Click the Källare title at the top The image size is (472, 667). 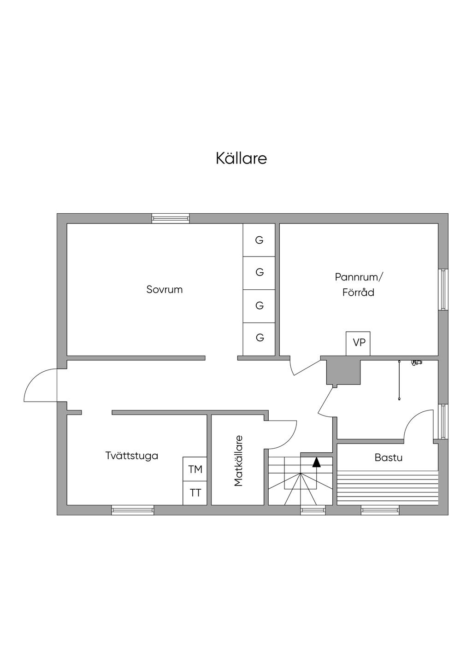tap(241, 158)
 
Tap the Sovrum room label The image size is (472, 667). tap(165, 290)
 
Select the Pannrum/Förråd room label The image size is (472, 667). tap(359, 285)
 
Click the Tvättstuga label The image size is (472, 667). tap(132, 456)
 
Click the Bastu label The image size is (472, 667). tap(388, 457)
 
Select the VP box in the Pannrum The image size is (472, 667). tap(358, 343)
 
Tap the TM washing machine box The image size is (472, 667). tap(195, 469)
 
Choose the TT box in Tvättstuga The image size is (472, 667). tap(195, 493)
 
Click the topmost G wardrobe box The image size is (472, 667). tap(260, 240)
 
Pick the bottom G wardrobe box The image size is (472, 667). tap(260, 338)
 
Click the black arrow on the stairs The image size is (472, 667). tap(316, 462)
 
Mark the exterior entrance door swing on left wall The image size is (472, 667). tap(40, 386)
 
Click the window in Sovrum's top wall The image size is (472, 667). tap(171, 218)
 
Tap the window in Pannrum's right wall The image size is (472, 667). tap(443, 289)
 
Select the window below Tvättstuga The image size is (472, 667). tap(133, 510)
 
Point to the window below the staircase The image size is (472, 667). tap(313, 510)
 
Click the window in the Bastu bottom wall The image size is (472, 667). tap(380, 510)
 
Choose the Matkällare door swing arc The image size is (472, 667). tap(282, 434)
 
